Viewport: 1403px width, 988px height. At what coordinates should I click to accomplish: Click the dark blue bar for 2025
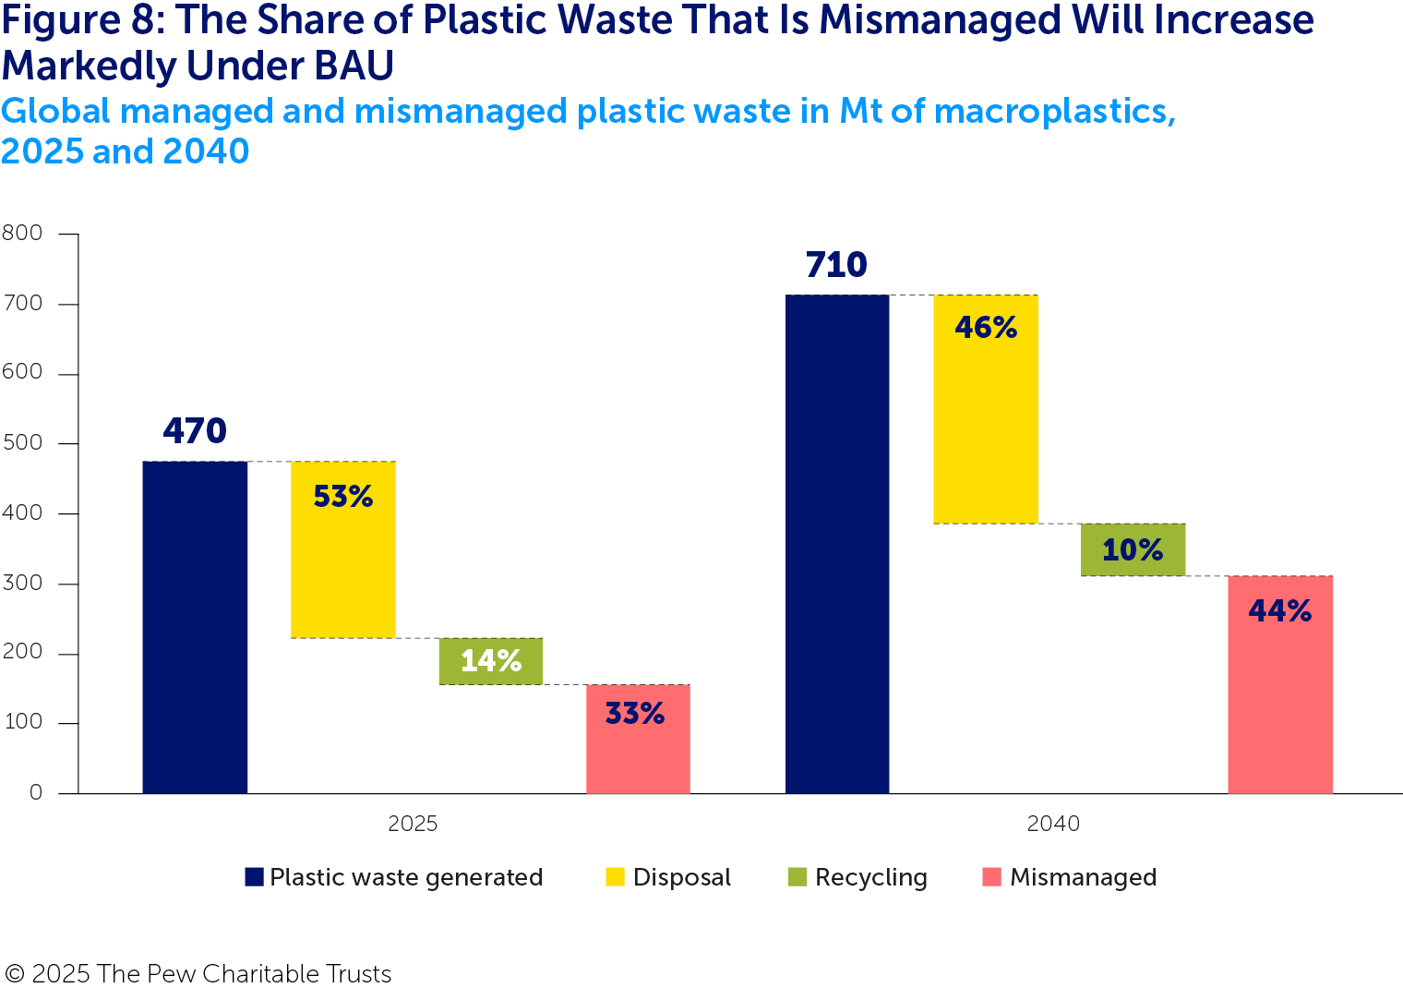pyautogui.click(x=195, y=627)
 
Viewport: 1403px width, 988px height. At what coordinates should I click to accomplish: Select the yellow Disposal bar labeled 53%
pyautogui.click(x=343, y=549)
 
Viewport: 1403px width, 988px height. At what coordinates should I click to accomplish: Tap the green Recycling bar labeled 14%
pyautogui.click(x=491, y=661)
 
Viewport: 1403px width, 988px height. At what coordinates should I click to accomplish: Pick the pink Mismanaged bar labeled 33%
pyautogui.click(x=638, y=739)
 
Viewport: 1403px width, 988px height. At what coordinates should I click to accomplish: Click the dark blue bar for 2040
pyautogui.click(x=837, y=544)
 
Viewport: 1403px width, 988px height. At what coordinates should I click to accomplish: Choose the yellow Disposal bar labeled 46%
pyautogui.click(x=986, y=409)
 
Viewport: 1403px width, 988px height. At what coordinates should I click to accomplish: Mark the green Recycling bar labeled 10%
pyautogui.click(x=1133, y=549)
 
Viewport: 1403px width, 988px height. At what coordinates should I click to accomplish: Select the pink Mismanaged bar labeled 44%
pyautogui.click(x=1280, y=684)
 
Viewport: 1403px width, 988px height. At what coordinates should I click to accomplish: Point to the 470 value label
pyautogui.click(x=195, y=431)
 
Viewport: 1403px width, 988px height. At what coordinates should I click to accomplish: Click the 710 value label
pyautogui.click(x=836, y=265)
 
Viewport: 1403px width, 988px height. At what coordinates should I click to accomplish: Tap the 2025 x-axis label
pyautogui.click(x=413, y=824)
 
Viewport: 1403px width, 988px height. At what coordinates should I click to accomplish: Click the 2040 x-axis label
pyautogui.click(x=1053, y=824)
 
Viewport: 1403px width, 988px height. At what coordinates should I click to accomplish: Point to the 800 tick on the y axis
pyautogui.click(x=23, y=234)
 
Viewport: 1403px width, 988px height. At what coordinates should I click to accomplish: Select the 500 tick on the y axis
pyautogui.click(x=23, y=443)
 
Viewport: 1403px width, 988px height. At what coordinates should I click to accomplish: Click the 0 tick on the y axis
pyautogui.click(x=36, y=793)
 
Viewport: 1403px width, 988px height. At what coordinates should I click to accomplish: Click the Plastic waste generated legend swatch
pyautogui.click(x=254, y=877)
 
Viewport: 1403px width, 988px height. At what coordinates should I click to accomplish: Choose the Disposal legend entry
pyautogui.click(x=668, y=877)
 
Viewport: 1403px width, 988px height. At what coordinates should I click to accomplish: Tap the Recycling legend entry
pyautogui.click(x=857, y=877)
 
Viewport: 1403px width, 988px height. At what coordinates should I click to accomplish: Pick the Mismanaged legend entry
pyautogui.click(x=1069, y=877)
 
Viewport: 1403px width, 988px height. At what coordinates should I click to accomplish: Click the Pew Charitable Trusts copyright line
pyautogui.click(x=198, y=974)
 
